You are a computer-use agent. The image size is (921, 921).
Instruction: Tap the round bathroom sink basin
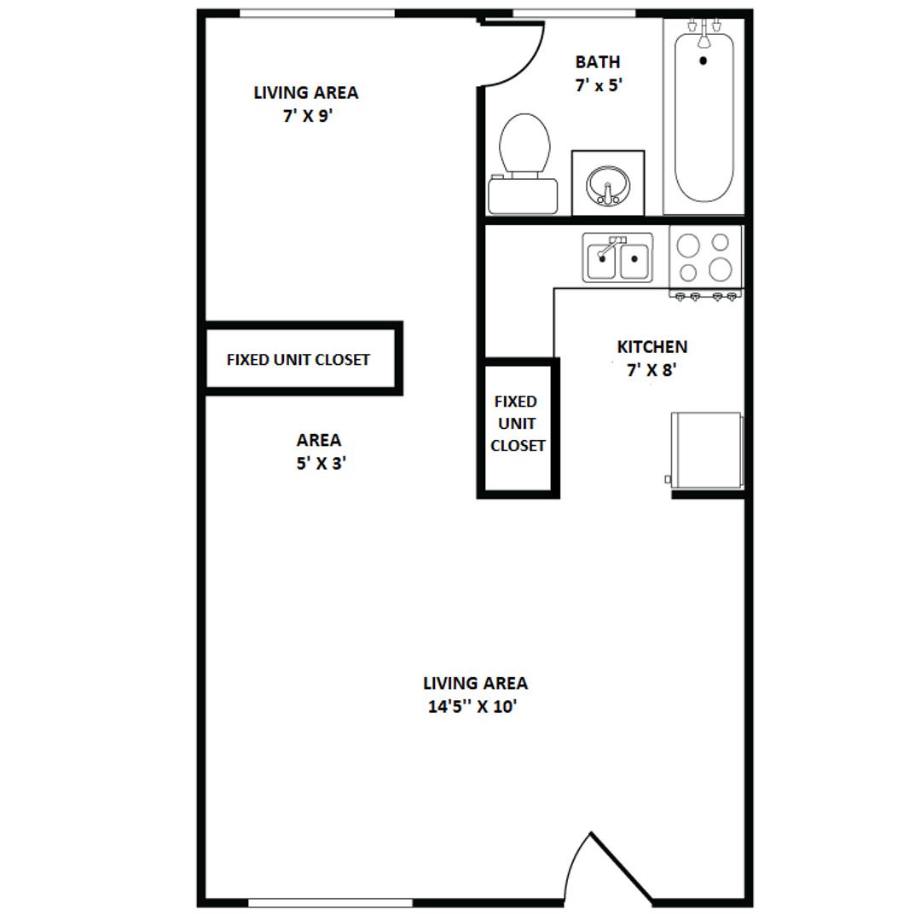click(608, 186)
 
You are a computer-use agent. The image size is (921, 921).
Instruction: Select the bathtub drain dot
click(703, 60)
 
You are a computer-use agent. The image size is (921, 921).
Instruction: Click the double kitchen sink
click(617, 258)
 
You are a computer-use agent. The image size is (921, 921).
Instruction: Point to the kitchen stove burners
click(705, 258)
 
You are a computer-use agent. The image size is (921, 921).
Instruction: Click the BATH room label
click(597, 61)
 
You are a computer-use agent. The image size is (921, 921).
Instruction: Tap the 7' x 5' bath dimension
click(599, 86)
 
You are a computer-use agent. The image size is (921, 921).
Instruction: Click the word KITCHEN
click(652, 347)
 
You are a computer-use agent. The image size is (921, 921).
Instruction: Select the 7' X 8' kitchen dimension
click(652, 370)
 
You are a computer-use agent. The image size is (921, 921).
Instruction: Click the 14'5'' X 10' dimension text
click(472, 707)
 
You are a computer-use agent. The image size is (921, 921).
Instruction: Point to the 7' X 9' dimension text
click(308, 116)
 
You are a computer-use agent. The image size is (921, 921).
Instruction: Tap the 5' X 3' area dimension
click(321, 464)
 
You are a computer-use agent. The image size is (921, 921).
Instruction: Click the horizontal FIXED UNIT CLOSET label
click(298, 360)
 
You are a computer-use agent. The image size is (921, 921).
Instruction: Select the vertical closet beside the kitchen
click(518, 427)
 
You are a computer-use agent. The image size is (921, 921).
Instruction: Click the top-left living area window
click(317, 14)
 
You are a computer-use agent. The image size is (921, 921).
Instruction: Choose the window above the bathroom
click(575, 14)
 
